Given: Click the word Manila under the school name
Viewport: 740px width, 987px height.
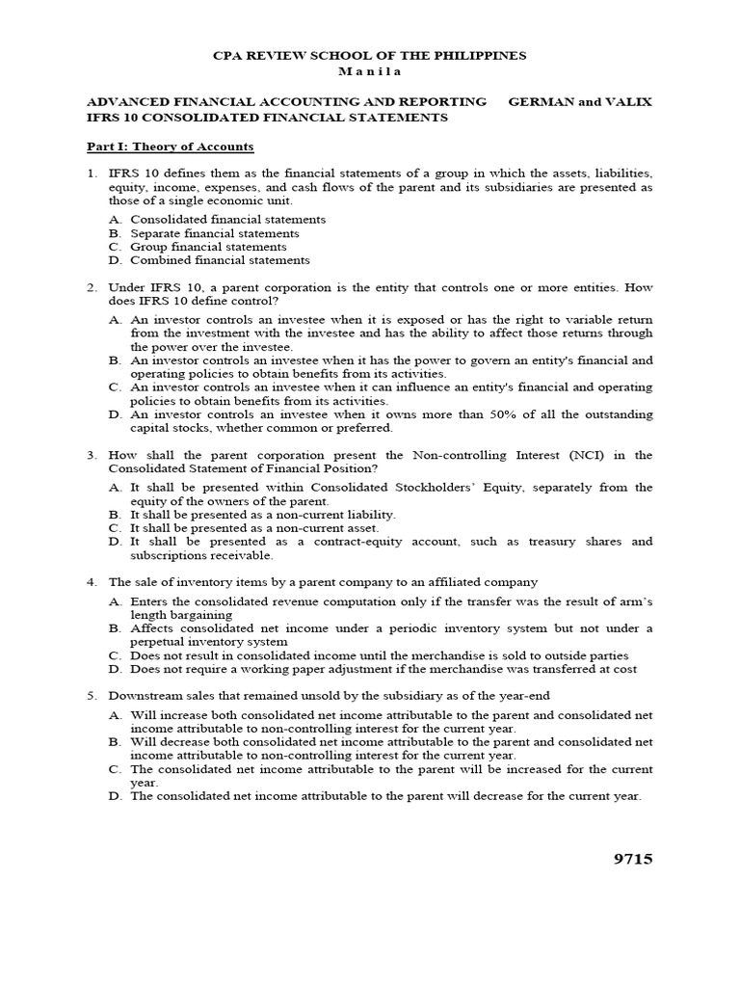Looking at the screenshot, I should tap(369, 71).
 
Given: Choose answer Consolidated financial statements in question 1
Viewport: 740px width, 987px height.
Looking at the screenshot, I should tap(228, 220).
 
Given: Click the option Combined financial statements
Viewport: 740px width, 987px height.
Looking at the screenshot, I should tap(221, 260).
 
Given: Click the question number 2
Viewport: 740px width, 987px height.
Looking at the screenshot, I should tap(92, 287).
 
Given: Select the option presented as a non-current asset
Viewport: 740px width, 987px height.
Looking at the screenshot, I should tap(255, 528).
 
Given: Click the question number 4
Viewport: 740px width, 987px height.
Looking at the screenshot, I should tap(92, 582).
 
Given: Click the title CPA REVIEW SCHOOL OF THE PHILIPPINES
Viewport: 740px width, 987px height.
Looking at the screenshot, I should tap(369, 56).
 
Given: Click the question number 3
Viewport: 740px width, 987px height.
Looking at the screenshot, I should tap(92, 455).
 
